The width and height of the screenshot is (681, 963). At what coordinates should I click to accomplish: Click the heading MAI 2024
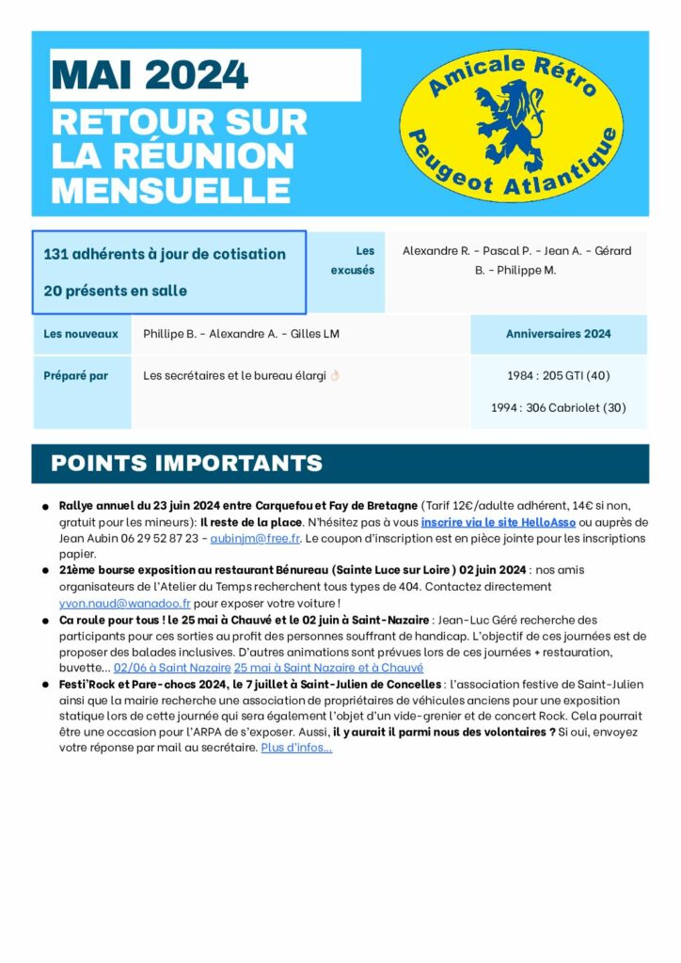point(150,74)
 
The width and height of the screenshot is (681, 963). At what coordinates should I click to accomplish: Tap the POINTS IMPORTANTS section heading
point(186,463)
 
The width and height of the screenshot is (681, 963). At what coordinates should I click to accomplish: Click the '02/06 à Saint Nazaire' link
point(171,668)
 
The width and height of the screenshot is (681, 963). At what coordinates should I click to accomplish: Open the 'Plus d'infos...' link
point(296,749)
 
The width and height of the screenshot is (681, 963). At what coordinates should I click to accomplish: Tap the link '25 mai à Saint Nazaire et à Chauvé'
point(328,668)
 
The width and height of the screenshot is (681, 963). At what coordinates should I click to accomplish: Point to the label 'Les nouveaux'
point(81,334)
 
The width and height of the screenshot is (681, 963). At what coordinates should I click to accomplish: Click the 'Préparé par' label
point(75,375)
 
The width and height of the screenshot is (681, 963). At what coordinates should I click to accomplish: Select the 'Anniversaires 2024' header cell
point(558,334)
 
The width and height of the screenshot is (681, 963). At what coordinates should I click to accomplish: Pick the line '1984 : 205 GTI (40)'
point(558,375)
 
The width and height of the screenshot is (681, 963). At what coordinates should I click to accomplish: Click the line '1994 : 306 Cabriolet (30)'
point(558,408)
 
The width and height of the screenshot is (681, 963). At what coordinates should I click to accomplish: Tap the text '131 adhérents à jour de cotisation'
point(165,254)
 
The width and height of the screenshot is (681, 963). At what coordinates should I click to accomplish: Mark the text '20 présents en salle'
point(115,291)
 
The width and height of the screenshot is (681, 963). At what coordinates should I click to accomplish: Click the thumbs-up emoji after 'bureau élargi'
point(334,375)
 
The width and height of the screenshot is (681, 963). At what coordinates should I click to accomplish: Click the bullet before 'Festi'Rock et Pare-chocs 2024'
point(45,686)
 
